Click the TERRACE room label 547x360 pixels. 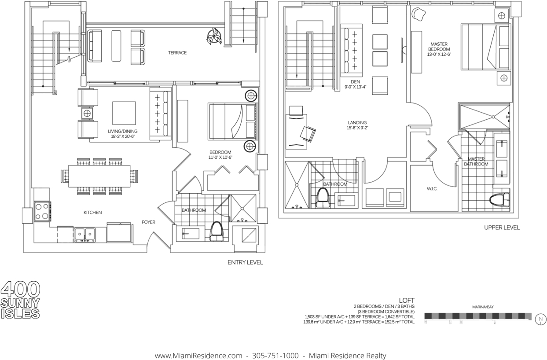coord(177,53)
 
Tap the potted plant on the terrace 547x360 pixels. coord(214,36)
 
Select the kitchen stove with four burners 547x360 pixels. coord(43,211)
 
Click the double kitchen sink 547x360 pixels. coord(84,235)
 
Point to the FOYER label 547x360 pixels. coord(148,222)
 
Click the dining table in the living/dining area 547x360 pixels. coord(99,176)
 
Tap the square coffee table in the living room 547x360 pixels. coord(124,113)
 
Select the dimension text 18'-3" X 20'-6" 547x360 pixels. coord(123,136)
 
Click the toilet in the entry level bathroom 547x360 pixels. coord(217,231)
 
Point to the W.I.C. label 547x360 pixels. coord(432,189)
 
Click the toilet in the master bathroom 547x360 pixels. coord(499,200)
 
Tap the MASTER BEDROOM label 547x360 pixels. coord(439,47)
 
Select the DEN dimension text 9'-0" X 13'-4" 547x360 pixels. coord(355,87)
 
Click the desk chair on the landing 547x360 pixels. coord(308,134)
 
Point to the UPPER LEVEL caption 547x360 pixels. coord(502,228)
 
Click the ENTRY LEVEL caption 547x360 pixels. coord(245,262)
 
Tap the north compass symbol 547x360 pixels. coord(541,319)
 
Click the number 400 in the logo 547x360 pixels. coord(21,290)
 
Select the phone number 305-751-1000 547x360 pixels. coord(275,356)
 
